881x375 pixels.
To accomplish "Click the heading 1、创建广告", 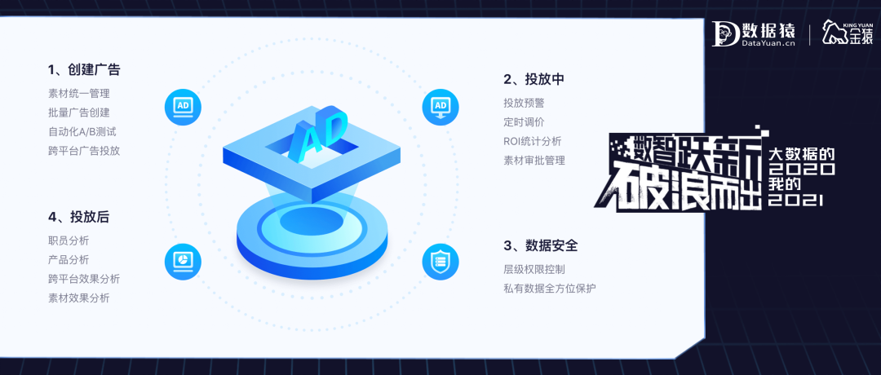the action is pos(84,70).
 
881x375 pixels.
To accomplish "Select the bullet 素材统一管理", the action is pos(78,93).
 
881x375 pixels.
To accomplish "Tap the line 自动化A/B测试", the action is pos(82,131).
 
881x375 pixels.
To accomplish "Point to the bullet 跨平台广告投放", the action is pos(84,150).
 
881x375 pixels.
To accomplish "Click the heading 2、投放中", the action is pos(533,79).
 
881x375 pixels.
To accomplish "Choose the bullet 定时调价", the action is pos(524,122).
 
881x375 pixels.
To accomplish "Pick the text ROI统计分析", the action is pos(532,141).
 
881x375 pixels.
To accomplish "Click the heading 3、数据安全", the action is pos(540,245).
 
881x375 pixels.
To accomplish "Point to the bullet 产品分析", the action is pos(69,259).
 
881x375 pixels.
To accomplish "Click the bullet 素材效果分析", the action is pos(78,298).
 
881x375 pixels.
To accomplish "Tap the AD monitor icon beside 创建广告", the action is pos(183,107).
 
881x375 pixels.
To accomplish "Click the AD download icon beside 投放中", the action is pos(440,107).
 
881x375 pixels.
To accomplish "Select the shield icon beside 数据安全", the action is pos(440,261).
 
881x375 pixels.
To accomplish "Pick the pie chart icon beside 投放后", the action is pos(183,261).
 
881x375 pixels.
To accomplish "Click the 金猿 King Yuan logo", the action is pos(845,33).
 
